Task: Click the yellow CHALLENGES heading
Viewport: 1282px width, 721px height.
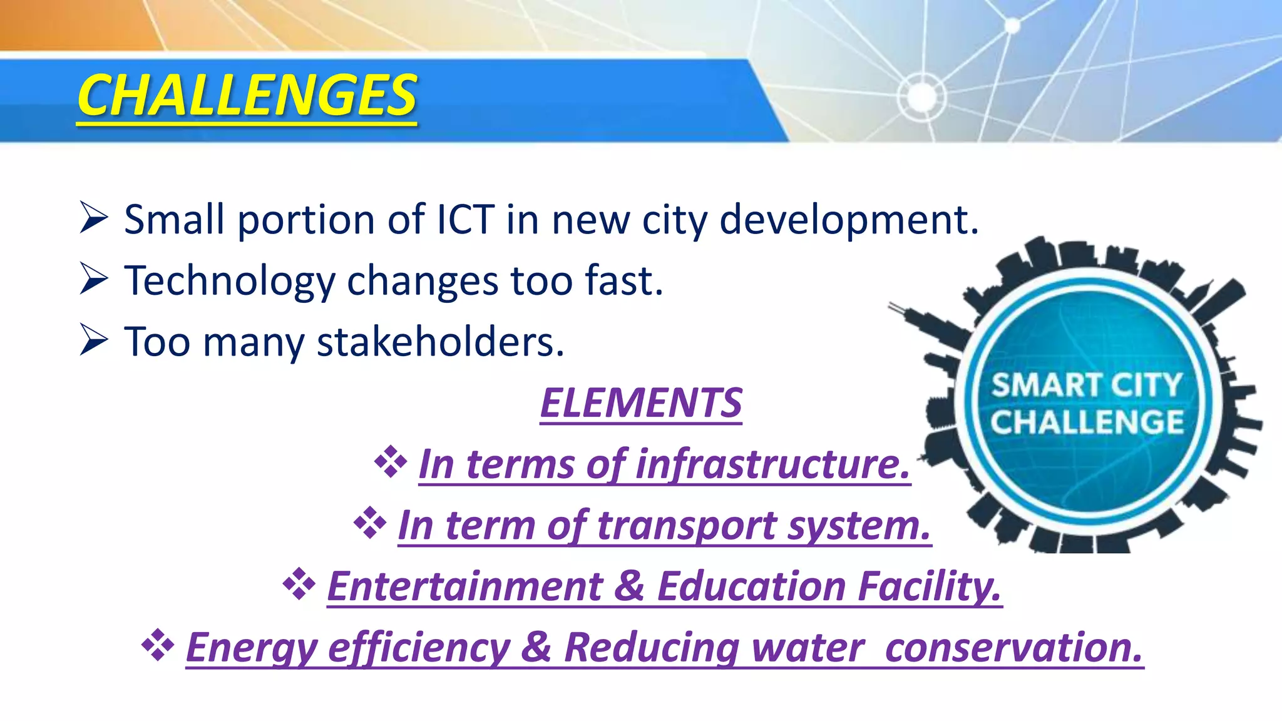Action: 247,95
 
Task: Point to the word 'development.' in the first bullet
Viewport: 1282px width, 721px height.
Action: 849,221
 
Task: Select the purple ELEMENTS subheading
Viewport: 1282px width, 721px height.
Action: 641,403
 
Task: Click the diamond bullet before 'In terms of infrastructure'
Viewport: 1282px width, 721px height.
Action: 391,462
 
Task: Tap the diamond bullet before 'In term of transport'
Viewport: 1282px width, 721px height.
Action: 370,523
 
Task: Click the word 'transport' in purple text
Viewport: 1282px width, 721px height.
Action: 686,526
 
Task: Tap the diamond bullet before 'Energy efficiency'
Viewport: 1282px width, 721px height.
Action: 157,645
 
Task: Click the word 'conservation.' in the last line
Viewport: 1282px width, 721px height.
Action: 1014,647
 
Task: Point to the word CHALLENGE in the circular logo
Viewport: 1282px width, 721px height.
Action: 1087,421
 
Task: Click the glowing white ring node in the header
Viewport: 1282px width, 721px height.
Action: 921,96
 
